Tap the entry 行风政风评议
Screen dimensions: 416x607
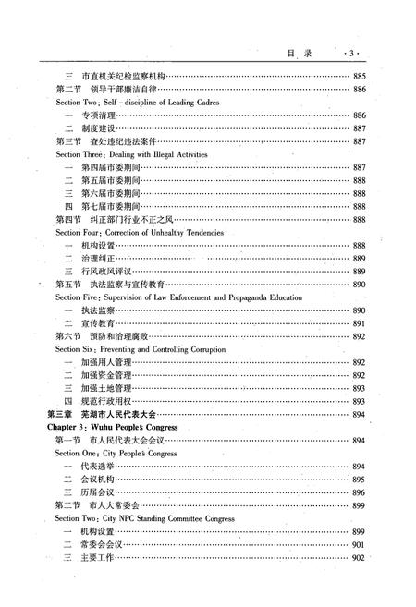105,272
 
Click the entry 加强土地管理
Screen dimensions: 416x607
105,389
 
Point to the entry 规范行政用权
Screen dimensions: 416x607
105,402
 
